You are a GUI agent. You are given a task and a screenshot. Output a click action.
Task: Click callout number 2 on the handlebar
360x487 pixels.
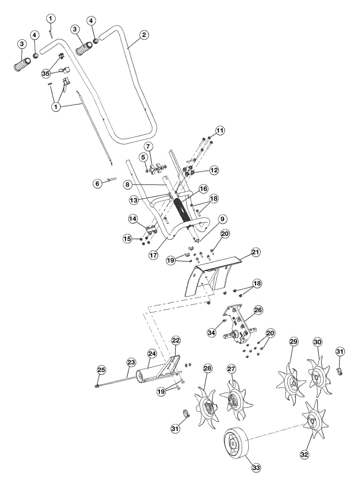[143, 35]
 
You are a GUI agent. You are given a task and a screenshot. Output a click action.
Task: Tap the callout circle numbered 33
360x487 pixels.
[256, 468]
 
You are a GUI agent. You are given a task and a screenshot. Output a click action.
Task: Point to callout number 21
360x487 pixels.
[255, 252]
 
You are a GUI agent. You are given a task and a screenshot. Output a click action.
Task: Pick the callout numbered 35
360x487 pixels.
[46, 73]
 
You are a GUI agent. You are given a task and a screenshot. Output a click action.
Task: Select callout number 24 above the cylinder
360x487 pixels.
[152, 354]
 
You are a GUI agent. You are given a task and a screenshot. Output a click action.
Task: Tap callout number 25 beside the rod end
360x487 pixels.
[101, 370]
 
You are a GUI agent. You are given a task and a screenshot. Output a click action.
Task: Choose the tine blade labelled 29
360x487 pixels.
[290, 383]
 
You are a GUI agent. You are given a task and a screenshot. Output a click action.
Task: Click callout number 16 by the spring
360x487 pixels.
[203, 189]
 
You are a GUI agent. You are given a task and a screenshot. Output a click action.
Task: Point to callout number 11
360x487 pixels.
[220, 131]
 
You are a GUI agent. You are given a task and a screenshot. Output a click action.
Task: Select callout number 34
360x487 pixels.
[211, 332]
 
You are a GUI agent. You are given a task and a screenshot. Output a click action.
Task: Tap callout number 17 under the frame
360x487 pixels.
[153, 256]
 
